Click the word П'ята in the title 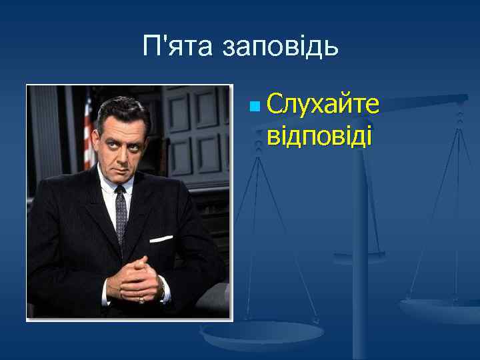click(x=176, y=46)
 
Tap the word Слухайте click(x=323, y=105)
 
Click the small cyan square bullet click(x=253, y=106)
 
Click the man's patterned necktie click(x=121, y=213)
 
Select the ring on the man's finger click(x=142, y=299)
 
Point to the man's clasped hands click(x=137, y=277)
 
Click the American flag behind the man click(x=87, y=137)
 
